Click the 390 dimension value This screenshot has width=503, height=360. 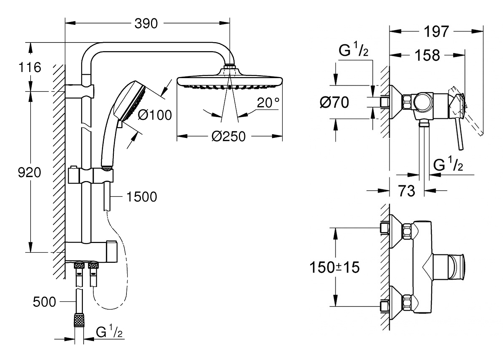(x=146, y=24)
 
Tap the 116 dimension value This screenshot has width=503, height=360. (x=30, y=67)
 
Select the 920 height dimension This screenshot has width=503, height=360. (x=30, y=173)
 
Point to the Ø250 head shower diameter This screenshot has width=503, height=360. (x=228, y=136)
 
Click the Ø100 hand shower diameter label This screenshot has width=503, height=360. (x=155, y=115)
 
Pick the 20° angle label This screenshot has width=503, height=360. (x=268, y=103)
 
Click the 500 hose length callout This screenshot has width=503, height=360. (x=44, y=302)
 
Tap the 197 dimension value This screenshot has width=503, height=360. (x=436, y=32)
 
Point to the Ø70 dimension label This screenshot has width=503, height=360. (x=334, y=103)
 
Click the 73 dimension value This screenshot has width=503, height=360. (x=406, y=191)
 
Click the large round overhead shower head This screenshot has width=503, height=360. (x=230, y=81)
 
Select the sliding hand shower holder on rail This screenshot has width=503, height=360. (x=90, y=176)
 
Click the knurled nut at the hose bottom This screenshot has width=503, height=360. (x=79, y=320)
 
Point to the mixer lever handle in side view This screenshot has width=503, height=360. (x=460, y=133)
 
